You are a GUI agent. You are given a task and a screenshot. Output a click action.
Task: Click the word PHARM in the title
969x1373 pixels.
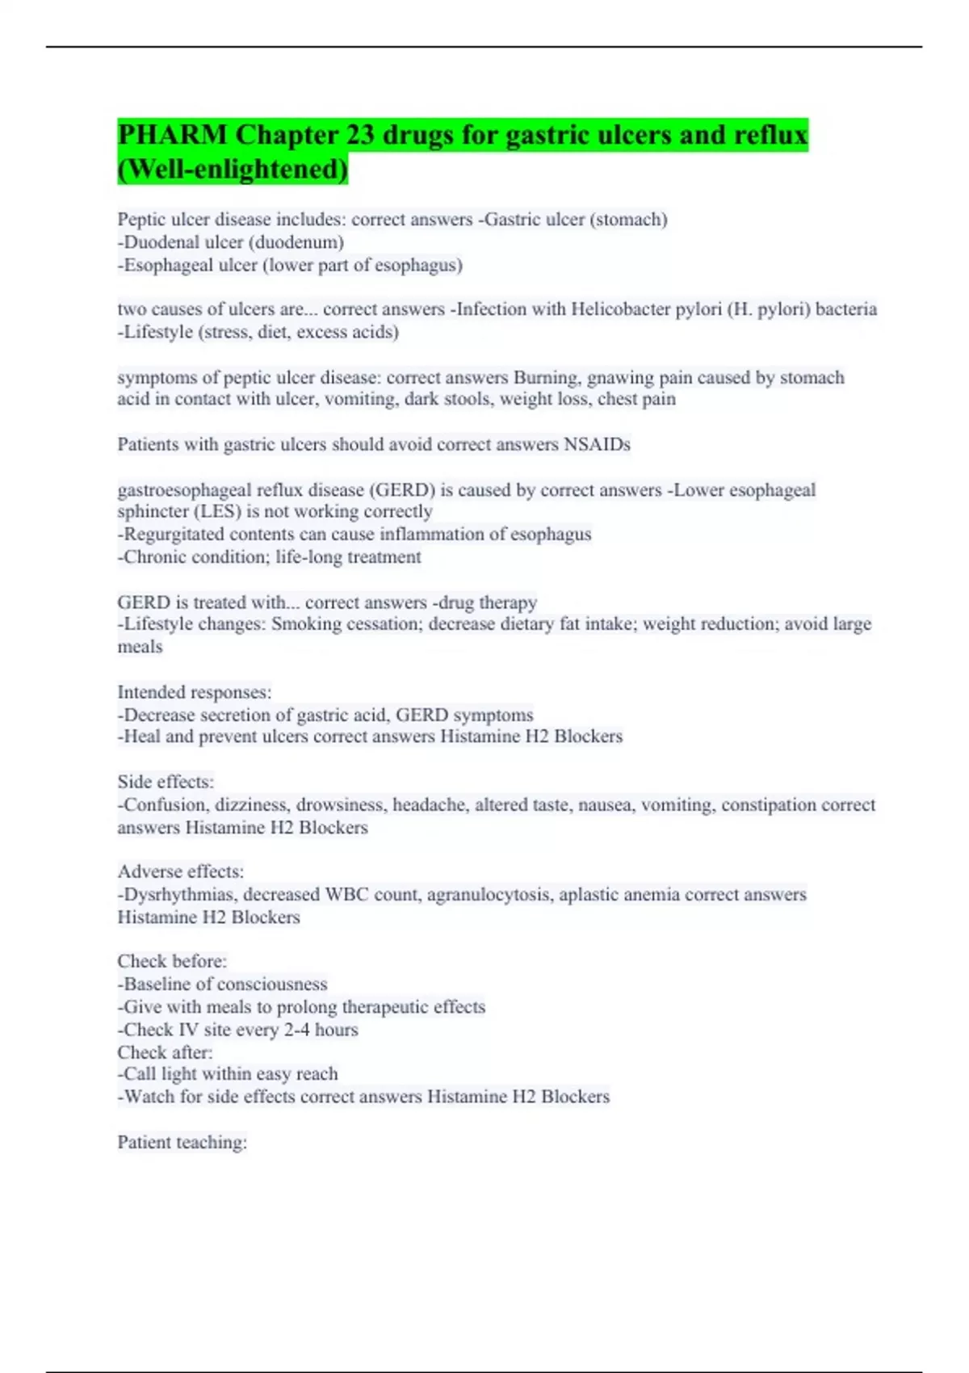(x=172, y=135)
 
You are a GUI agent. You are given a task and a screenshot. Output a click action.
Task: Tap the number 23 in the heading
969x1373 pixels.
(x=359, y=135)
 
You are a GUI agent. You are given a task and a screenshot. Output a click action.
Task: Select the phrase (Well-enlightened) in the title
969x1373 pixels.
(x=233, y=170)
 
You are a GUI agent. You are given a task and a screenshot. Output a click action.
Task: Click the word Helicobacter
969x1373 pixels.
(x=622, y=309)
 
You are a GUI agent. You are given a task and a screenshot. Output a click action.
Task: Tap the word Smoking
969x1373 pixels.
(x=306, y=624)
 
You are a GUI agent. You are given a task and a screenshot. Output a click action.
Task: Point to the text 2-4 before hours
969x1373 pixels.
(x=296, y=1030)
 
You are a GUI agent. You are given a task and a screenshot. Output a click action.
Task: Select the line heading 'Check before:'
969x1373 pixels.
(x=172, y=962)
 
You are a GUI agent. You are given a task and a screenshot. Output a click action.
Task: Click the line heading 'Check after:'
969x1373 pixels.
(x=165, y=1052)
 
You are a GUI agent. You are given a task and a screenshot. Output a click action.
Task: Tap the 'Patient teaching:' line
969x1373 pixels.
(x=182, y=1143)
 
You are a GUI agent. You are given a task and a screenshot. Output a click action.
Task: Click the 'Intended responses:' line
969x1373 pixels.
(x=195, y=693)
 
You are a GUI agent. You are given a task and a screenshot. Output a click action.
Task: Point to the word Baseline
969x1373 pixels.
(x=157, y=985)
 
